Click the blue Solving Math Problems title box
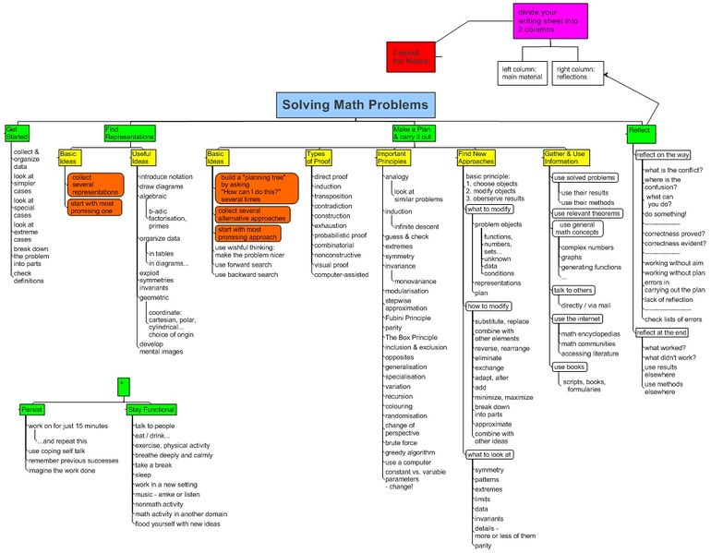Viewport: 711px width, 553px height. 355,105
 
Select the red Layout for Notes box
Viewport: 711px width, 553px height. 410,56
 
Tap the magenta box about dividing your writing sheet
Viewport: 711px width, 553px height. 550,21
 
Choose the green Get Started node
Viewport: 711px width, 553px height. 18,132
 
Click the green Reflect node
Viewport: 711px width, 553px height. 639,130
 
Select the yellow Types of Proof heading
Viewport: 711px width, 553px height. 318,156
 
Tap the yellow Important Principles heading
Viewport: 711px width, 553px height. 392,156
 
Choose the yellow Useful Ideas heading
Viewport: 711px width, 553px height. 140,156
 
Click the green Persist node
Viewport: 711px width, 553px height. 33,408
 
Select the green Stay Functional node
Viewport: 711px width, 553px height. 151,408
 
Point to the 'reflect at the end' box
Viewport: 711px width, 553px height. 662,332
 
